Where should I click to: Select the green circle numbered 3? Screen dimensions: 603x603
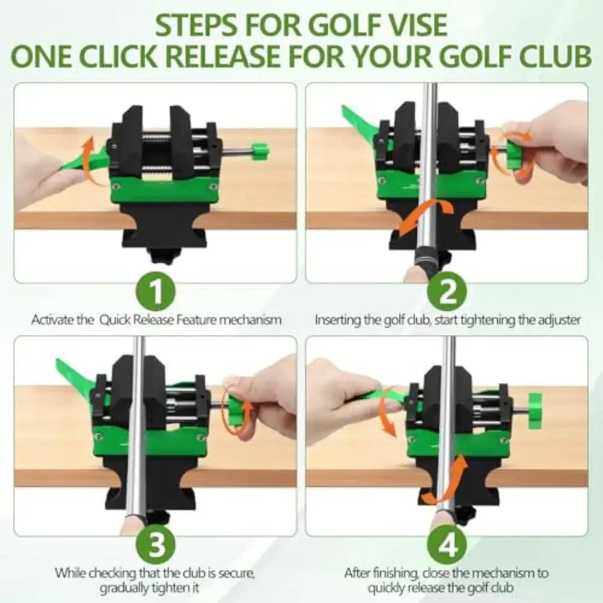(155, 546)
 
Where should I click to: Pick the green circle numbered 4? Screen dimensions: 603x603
(447, 546)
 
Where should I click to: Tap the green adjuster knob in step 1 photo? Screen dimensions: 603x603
(259, 151)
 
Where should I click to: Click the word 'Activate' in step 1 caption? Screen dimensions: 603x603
(54, 320)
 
